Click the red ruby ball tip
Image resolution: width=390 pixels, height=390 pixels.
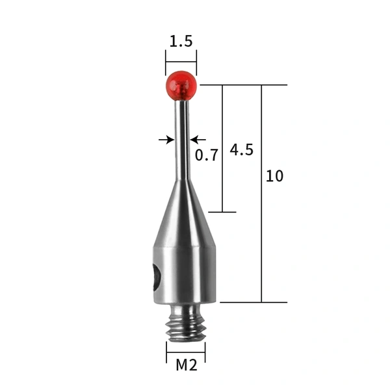click(181, 85)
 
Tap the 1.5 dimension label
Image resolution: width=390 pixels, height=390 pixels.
click(181, 42)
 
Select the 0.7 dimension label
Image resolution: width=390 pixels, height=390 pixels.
click(207, 155)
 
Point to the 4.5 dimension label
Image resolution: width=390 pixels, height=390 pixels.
click(241, 149)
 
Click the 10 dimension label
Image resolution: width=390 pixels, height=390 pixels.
click(274, 176)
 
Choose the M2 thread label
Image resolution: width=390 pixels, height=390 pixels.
click(186, 365)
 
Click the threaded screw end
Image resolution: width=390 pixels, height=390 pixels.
click(186, 324)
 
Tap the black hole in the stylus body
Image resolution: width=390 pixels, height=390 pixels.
click(156, 278)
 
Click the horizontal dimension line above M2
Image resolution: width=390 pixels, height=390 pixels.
click(186, 352)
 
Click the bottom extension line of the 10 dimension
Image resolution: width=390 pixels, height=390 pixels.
click(253, 302)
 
